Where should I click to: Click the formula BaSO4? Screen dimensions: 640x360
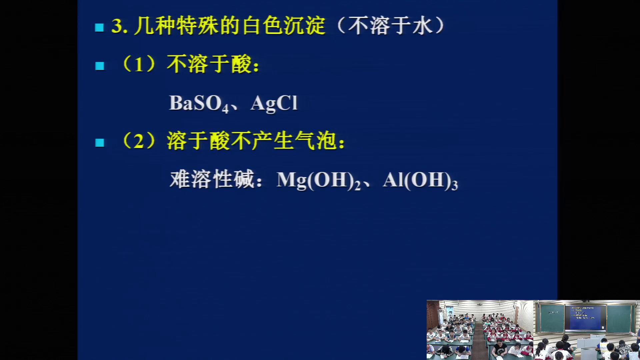(199, 103)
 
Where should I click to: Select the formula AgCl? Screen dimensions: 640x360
(274, 103)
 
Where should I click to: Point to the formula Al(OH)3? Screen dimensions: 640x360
(420, 180)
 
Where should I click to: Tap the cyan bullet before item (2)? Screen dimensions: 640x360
(99, 143)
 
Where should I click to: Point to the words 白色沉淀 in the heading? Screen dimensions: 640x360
(284, 25)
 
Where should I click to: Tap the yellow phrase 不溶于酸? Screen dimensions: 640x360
(209, 64)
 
